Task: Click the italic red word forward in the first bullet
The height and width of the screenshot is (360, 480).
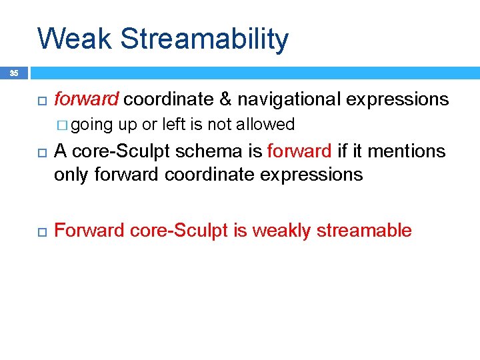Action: click(x=86, y=99)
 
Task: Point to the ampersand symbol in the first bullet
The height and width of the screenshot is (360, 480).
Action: click(x=225, y=99)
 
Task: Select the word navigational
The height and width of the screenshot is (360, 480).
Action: click(x=289, y=100)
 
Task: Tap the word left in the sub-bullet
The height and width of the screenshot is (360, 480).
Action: click(x=180, y=125)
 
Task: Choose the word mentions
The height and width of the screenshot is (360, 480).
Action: click(x=406, y=151)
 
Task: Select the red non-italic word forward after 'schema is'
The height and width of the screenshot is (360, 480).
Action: click(x=299, y=151)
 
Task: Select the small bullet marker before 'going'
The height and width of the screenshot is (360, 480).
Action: click(x=62, y=125)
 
